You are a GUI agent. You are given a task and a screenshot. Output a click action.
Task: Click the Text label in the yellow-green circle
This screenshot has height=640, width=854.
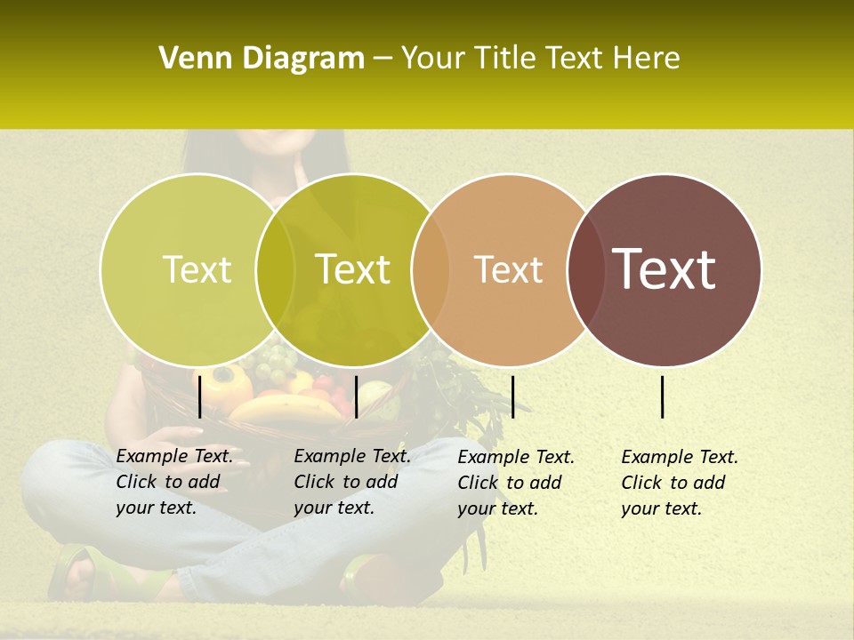click(x=197, y=269)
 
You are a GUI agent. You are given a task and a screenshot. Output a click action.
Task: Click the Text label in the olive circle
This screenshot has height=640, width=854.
click(x=352, y=269)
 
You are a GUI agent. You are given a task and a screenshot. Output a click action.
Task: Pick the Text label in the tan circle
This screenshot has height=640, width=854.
click(x=508, y=269)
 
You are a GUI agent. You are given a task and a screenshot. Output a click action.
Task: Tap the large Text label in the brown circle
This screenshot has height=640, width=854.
click(x=665, y=269)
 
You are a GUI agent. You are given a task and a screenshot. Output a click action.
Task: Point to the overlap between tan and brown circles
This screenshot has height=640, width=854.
click(x=586, y=269)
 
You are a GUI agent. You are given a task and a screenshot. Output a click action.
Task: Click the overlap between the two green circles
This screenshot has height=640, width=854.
click(x=275, y=269)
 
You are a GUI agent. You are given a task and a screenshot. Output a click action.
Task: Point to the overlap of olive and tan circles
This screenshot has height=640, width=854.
click(x=431, y=269)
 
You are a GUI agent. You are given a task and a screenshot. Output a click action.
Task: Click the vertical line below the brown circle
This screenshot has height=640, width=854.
click(x=663, y=396)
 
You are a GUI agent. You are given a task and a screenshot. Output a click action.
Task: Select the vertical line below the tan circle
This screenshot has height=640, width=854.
click(x=512, y=396)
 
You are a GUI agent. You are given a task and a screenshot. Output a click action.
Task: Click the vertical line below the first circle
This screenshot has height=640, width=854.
click(x=199, y=396)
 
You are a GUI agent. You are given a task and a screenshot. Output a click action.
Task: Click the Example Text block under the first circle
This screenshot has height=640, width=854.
click(x=173, y=482)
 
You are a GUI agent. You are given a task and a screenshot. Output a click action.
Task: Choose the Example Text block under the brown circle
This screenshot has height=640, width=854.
click(x=679, y=483)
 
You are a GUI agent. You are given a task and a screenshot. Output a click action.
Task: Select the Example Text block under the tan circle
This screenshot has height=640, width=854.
click(x=515, y=483)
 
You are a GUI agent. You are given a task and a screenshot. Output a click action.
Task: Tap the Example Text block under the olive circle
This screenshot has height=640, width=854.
click(x=351, y=482)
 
